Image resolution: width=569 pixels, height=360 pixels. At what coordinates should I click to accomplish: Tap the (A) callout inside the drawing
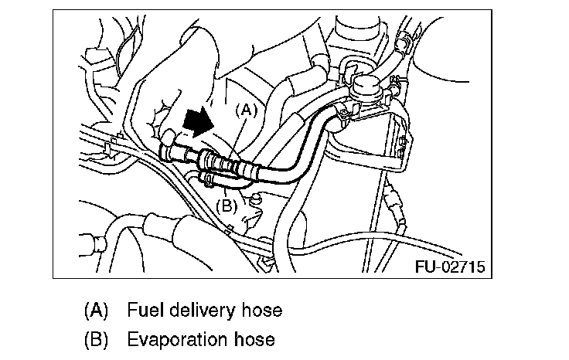coord(244,110)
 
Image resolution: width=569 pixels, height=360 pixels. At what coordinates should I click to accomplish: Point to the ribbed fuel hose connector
coord(225,163)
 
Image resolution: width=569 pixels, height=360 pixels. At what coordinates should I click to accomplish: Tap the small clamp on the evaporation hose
coord(206,180)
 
